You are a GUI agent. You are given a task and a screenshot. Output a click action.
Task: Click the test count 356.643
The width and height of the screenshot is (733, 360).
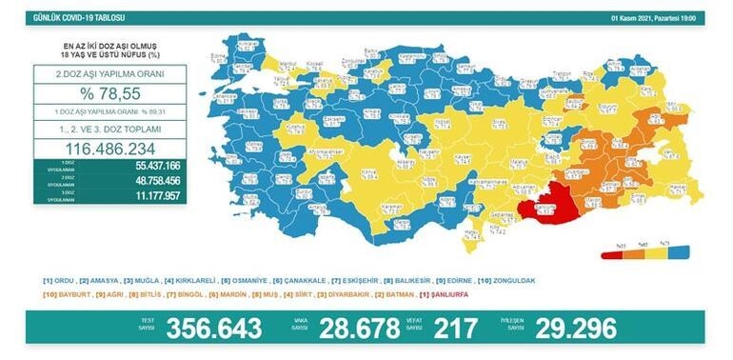click(214, 328)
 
